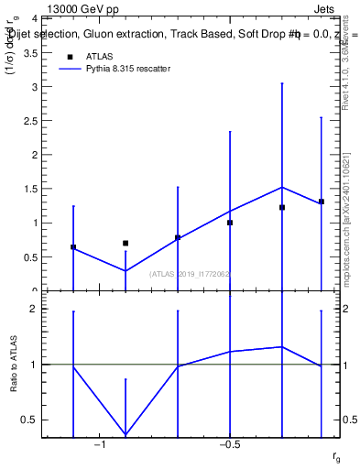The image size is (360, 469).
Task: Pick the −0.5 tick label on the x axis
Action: coord(229,444)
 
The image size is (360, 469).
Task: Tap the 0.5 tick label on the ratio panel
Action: coord(28,420)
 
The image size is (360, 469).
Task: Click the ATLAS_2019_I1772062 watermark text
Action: coord(190,274)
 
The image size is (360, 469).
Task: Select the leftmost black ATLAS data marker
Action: coord(73,247)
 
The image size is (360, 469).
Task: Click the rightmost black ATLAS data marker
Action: coord(322,202)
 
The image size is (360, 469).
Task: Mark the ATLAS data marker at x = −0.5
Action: coord(230,223)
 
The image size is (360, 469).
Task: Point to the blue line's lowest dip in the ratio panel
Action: coord(125,435)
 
